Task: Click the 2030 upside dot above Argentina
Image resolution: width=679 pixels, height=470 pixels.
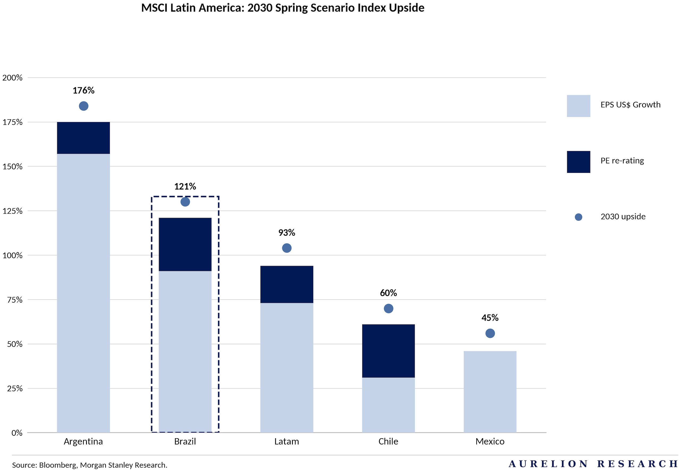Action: pos(83,106)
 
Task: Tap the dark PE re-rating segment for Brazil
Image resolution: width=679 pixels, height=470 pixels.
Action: pos(185,244)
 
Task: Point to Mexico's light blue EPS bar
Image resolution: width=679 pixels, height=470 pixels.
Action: pos(490,391)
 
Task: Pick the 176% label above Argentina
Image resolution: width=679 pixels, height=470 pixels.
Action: pos(83,90)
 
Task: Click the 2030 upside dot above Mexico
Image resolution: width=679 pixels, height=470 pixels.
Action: pos(490,333)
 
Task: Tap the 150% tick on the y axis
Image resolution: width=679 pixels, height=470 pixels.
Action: pos(12,166)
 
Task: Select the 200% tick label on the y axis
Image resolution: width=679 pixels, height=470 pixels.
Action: pos(12,78)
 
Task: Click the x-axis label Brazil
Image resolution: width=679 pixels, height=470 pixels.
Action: pos(185,441)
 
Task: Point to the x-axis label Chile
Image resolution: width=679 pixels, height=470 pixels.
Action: pos(388,441)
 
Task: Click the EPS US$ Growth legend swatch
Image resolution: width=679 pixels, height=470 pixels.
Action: pos(578,106)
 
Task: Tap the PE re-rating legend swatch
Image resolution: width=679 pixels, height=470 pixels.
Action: pos(578,162)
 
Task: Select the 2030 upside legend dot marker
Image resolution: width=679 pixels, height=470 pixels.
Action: pos(578,217)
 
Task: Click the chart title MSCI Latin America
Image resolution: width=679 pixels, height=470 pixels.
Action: pos(282,8)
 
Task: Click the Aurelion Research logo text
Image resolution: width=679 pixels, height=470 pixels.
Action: pos(593,464)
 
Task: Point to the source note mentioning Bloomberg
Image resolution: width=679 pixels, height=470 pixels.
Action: pos(90,465)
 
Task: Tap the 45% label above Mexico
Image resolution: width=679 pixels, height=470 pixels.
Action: pos(490,318)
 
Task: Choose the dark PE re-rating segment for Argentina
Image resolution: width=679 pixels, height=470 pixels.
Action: pos(83,138)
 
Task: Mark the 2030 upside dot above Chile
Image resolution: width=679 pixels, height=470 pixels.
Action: pos(388,308)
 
